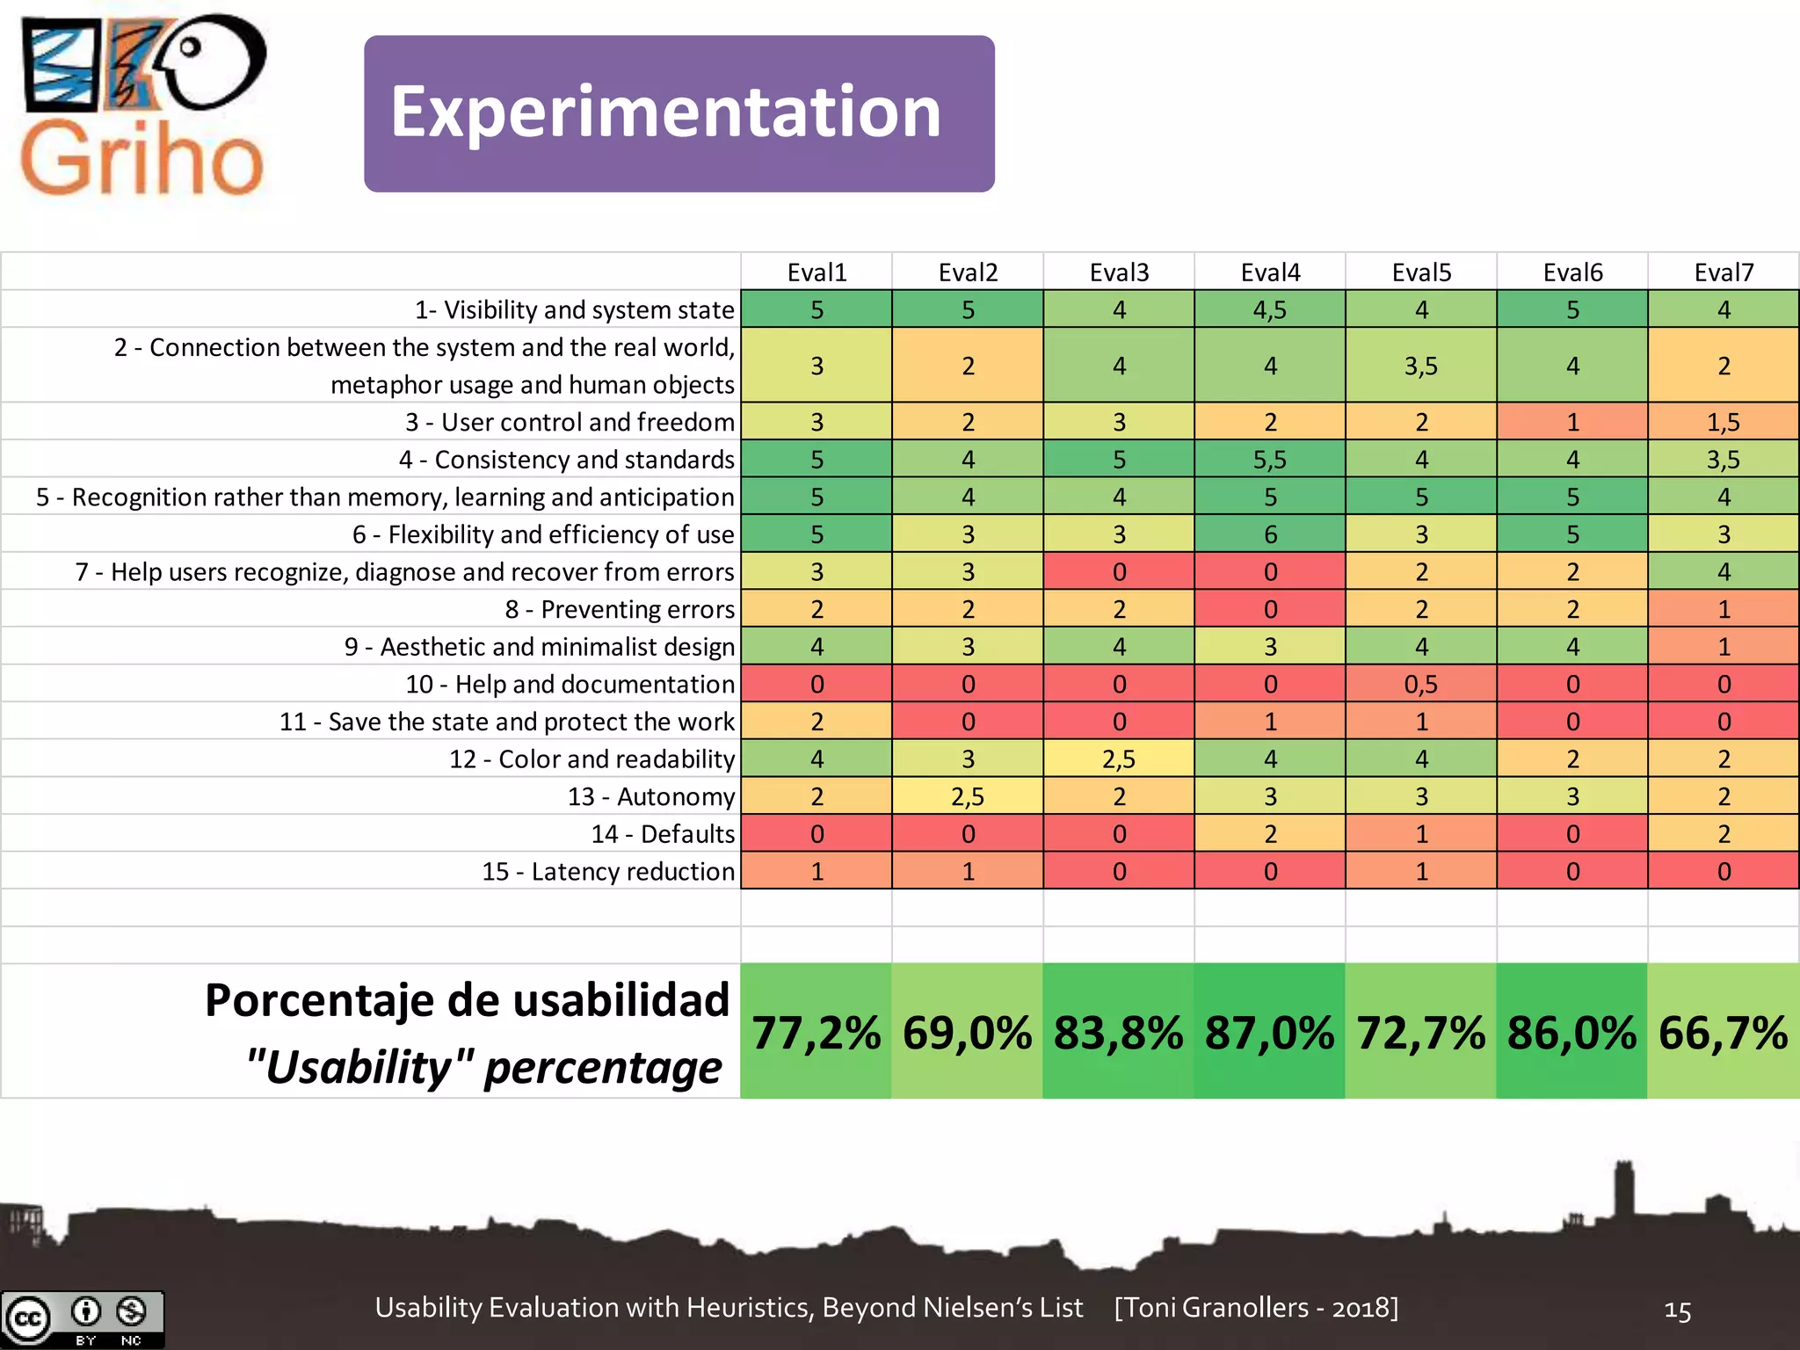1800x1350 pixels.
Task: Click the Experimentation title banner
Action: pyautogui.click(x=679, y=113)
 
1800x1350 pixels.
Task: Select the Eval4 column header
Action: pyautogui.click(x=1270, y=272)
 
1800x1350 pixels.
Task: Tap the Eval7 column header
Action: pyautogui.click(x=1723, y=272)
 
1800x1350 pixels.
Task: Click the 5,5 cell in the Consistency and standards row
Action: pyautogui.click(x=1270, y=460)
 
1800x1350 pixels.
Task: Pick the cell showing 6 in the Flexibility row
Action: pyautogui.click(x=1270, y=534)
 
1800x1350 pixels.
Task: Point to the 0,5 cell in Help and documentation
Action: pyautogui.click(x=1420, y=684)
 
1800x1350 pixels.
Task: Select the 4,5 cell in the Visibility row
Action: pyautogui.click(x=1270, y=309)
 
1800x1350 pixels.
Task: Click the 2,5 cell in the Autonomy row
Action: pyautogui.click(x=968, y=796)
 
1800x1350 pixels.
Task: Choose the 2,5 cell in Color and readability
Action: pyautogui.click(x=1119, y=758)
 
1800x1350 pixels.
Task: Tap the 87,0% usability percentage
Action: pyautogui.click(x=1269, y=1032)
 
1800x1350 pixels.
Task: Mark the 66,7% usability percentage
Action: pyautogui.click(x=1723, y=1032)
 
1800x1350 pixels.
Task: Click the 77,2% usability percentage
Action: pyautogui.click(x=817, y=1032)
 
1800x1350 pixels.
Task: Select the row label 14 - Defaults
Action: pyautogui.click(x=663, y=833)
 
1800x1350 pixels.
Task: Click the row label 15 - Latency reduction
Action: pyautogui.click(x=608, y=871)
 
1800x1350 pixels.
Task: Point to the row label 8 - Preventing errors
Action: pyautogui.click(x=620, y=609)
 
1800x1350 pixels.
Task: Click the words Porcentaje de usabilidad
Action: pyautogui.click(x=467, y=1000)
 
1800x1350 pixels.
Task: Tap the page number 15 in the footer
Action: pyautogui.click(x=1677, y=1310)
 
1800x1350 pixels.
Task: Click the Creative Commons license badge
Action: pyautogui.click(x=83, y=1319)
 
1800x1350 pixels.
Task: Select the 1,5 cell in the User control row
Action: pyautogui.click(x=1723, y=422)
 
